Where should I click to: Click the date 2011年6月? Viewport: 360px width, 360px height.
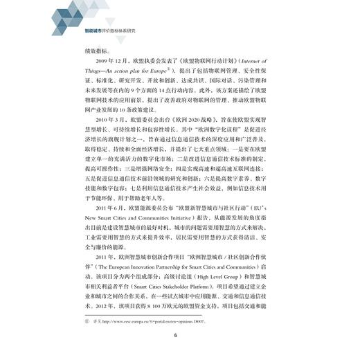click(101, 226)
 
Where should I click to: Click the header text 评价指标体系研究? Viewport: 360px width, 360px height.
click(114, 30)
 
